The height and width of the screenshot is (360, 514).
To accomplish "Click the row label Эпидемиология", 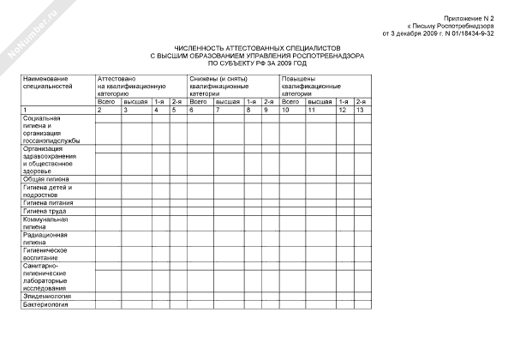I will tap(47, 295).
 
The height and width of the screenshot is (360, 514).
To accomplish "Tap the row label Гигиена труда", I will tap(45, 210).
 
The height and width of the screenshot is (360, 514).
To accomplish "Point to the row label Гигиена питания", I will tap(48, 201).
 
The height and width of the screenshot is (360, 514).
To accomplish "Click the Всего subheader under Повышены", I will tap(291, 102).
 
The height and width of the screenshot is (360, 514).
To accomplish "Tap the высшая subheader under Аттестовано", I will tap(135, 102).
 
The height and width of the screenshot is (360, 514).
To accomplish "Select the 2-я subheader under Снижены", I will tap(266, 102).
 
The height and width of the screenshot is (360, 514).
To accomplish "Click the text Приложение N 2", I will tap(469, 18).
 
